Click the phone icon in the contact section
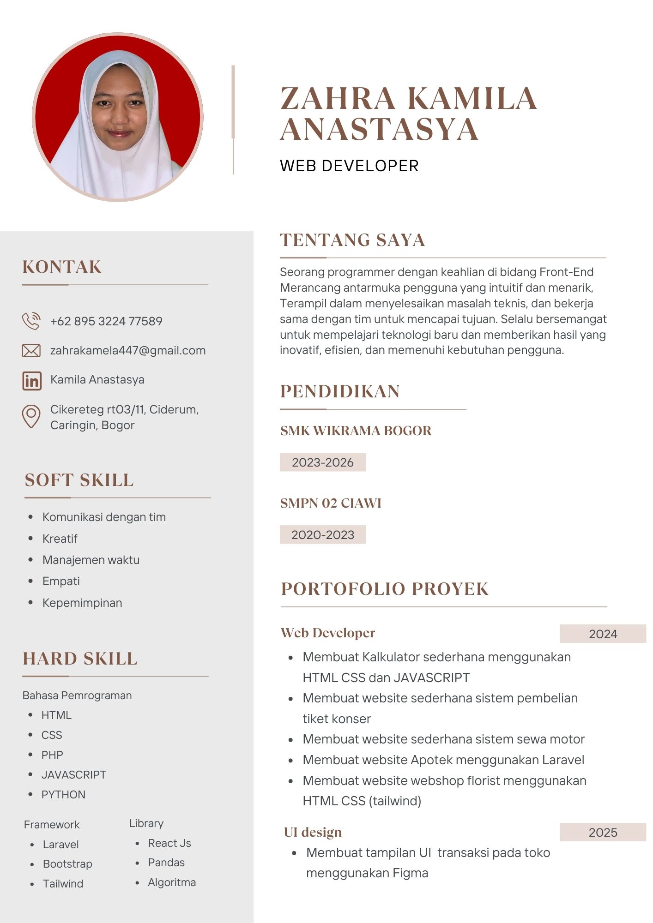pyautogui.click(x=31, y=321)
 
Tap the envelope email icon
pyautogui.click(x=31, y=351)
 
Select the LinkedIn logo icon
pyautogui.click(x=32, y=381)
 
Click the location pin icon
pyautogui.click(x=31, y=416)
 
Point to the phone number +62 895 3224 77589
pyautogui.click(x=106, y=321)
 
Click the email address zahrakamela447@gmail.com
pyautogui.click(x=128, y=351)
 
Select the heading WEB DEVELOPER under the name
pyautogui.click(x=349, y=166)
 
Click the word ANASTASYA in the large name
pyautogui.click(x=379, y=129)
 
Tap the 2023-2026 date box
pyautogui.click(x=322, y=462)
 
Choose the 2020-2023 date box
pyautogui.click(x=322, y=534)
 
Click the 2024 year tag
pyautogui.click(x=603, y=634)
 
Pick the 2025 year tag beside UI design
pyautogui.click(x=603, y=833)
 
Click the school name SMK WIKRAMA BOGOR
pyautogui.click(x=356, y=431)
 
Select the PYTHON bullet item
pyautogui.click(x=63, y=795)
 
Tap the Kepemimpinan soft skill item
pyautogui.click(x=82, y=603)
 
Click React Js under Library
pyautogui.click(x=169, y=843)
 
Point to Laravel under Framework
pyautogui.click(x=60, y=845)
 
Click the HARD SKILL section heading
pyautogui.click(x=80, y=659)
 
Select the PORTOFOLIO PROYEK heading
pyautogui.click(x=384, y=589)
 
